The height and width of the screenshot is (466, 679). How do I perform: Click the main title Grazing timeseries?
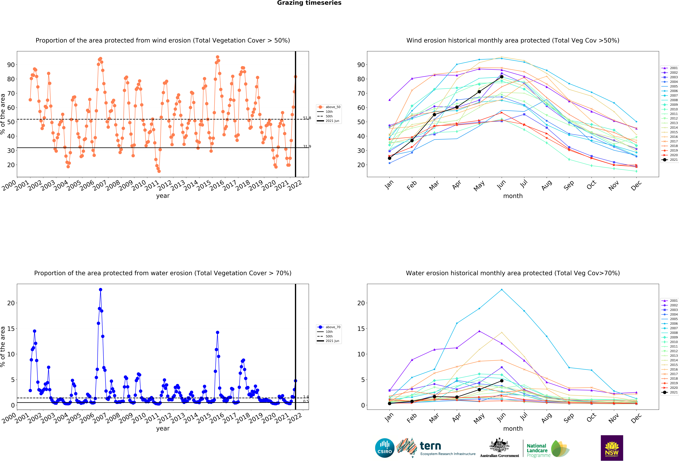click(x=309, y=3)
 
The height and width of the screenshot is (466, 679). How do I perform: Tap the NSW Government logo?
click(x=612, y=448)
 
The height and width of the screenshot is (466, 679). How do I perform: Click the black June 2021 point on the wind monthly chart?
click(x=502, y=77)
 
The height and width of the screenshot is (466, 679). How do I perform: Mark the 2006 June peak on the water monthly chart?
click(x=502, y=290)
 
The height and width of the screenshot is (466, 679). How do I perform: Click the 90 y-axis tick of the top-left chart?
click(x=11, y=65)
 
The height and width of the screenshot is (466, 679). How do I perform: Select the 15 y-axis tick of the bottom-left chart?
click(x=11, y=329)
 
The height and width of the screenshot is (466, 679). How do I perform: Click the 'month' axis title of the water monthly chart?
click(x=513, y=429)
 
